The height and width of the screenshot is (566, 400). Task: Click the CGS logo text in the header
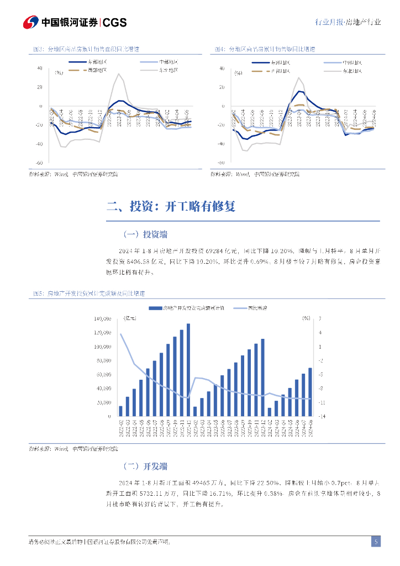pyautogui.click(x=115, y=22)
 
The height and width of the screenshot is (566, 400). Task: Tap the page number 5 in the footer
pyautogui.click(x=376, y=542)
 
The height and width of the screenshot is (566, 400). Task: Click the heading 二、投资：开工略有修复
pyautogui.click(x=171, y=207)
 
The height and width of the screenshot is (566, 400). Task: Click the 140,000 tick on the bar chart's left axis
pyautogui.click(x=103, y=319)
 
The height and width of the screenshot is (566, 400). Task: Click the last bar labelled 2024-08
pyautogui.click(x=310, y=391)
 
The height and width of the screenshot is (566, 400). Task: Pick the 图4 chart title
pyautogui.click(x=265, y=49)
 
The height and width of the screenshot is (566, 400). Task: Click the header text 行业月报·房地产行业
pyautogui.click(x=348, y=23)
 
